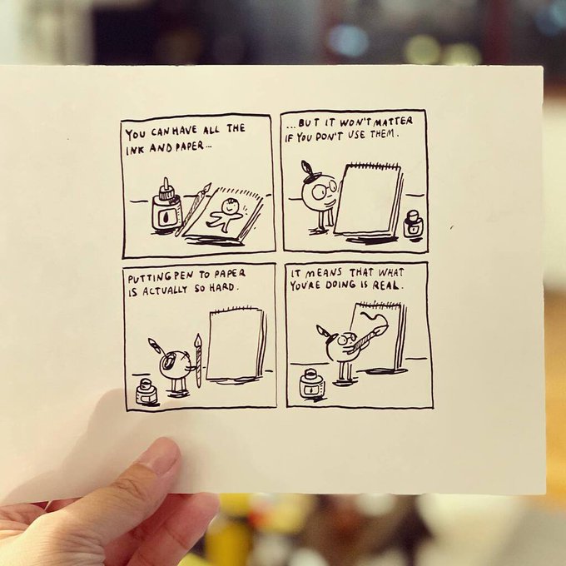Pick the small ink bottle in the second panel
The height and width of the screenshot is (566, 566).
click(x=414, y=225)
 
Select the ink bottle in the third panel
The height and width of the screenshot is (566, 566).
click(x=147, y=392)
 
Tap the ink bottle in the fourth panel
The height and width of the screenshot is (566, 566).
click(x=311, y=384)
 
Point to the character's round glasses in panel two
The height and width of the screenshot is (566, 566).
click(x=324, y=191)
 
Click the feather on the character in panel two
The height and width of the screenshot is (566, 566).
click(x=307, y=169)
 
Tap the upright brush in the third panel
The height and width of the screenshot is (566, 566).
click(x=197, y=360)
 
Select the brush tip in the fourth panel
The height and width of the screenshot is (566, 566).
click(x=383, y=330)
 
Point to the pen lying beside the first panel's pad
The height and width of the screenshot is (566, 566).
click(x=193, y=210)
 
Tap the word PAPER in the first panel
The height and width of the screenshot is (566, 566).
click(x=190, y=147)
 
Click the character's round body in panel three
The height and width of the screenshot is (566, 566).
click(x=174, y=364)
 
